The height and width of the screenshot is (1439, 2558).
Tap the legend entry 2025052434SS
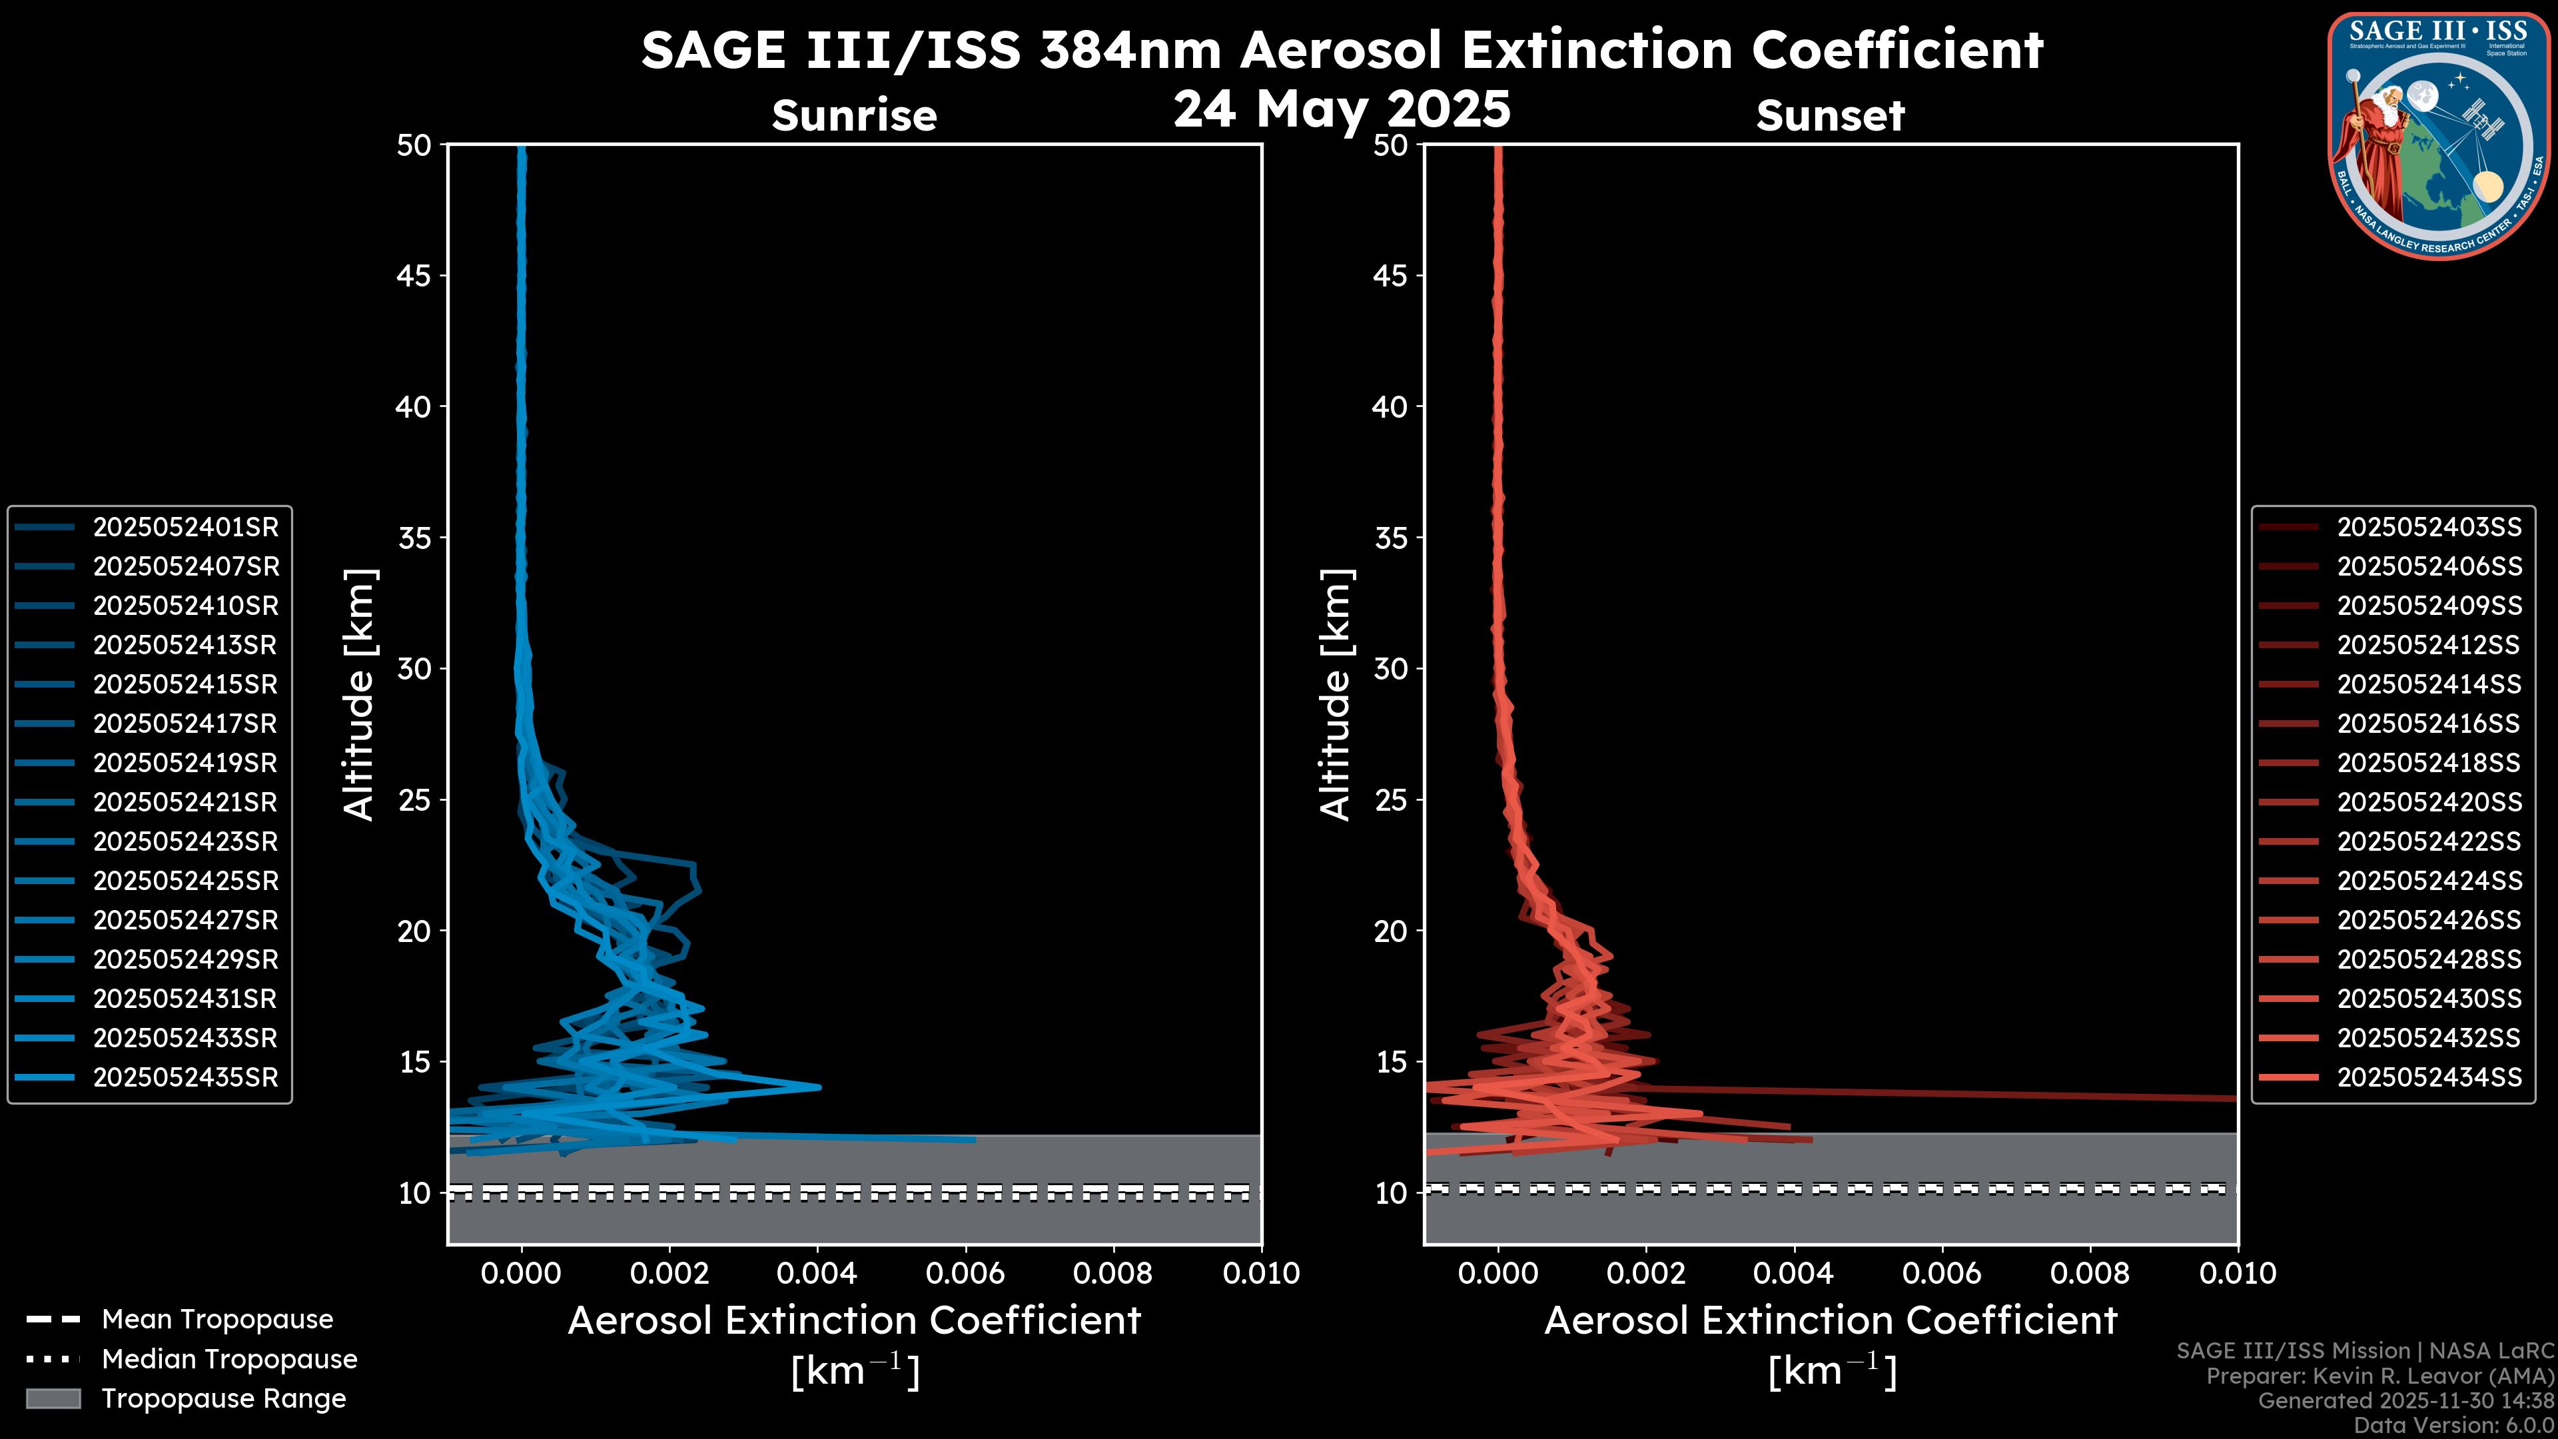pos(2429,1077)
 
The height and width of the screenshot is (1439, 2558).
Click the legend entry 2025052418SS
pos(2429,763)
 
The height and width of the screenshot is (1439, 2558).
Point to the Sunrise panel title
pos(854,115)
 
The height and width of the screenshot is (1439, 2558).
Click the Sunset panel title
pos(1830,115)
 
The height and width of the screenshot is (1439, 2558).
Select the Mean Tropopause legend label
pos(217,1319)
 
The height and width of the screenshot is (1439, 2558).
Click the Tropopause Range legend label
pos(223,1398)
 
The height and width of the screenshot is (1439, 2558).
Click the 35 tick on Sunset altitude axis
pos(1391,537)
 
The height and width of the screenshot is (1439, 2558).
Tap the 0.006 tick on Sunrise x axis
pos(964,1273)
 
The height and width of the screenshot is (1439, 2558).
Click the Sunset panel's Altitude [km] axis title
pos(1336,694)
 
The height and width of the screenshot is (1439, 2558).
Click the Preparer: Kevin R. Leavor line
pos(2379,1376)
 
